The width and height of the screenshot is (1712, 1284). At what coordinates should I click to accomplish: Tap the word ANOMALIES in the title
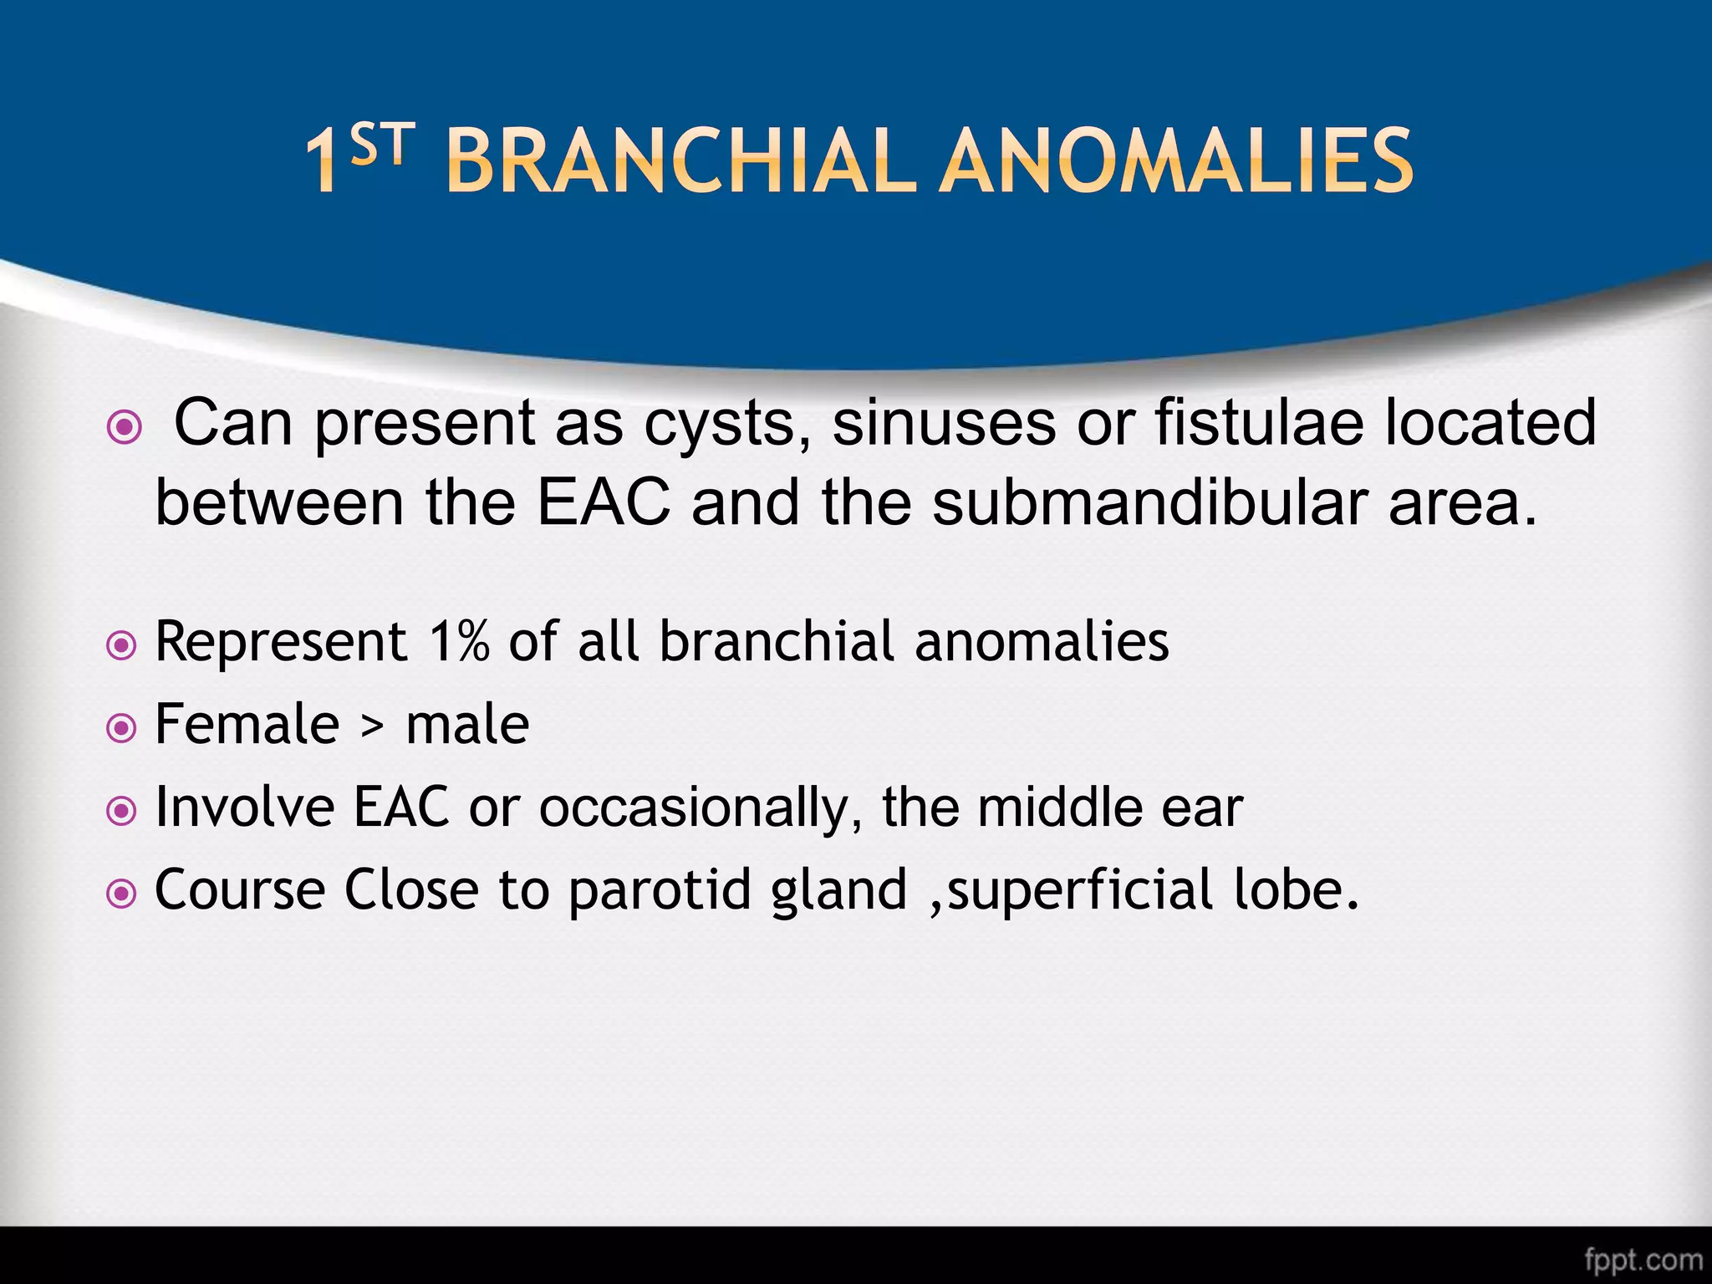coord(1176,160)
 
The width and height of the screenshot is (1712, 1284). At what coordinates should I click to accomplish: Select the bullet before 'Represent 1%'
coord(122,645)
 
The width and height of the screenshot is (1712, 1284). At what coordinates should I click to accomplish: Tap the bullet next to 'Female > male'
coord(122,728)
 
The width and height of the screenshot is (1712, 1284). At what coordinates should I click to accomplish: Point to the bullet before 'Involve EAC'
coord(122,811)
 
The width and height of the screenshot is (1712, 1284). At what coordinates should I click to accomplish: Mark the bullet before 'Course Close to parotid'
coord(122,894)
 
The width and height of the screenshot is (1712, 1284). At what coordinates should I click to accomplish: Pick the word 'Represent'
coord(282,642)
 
